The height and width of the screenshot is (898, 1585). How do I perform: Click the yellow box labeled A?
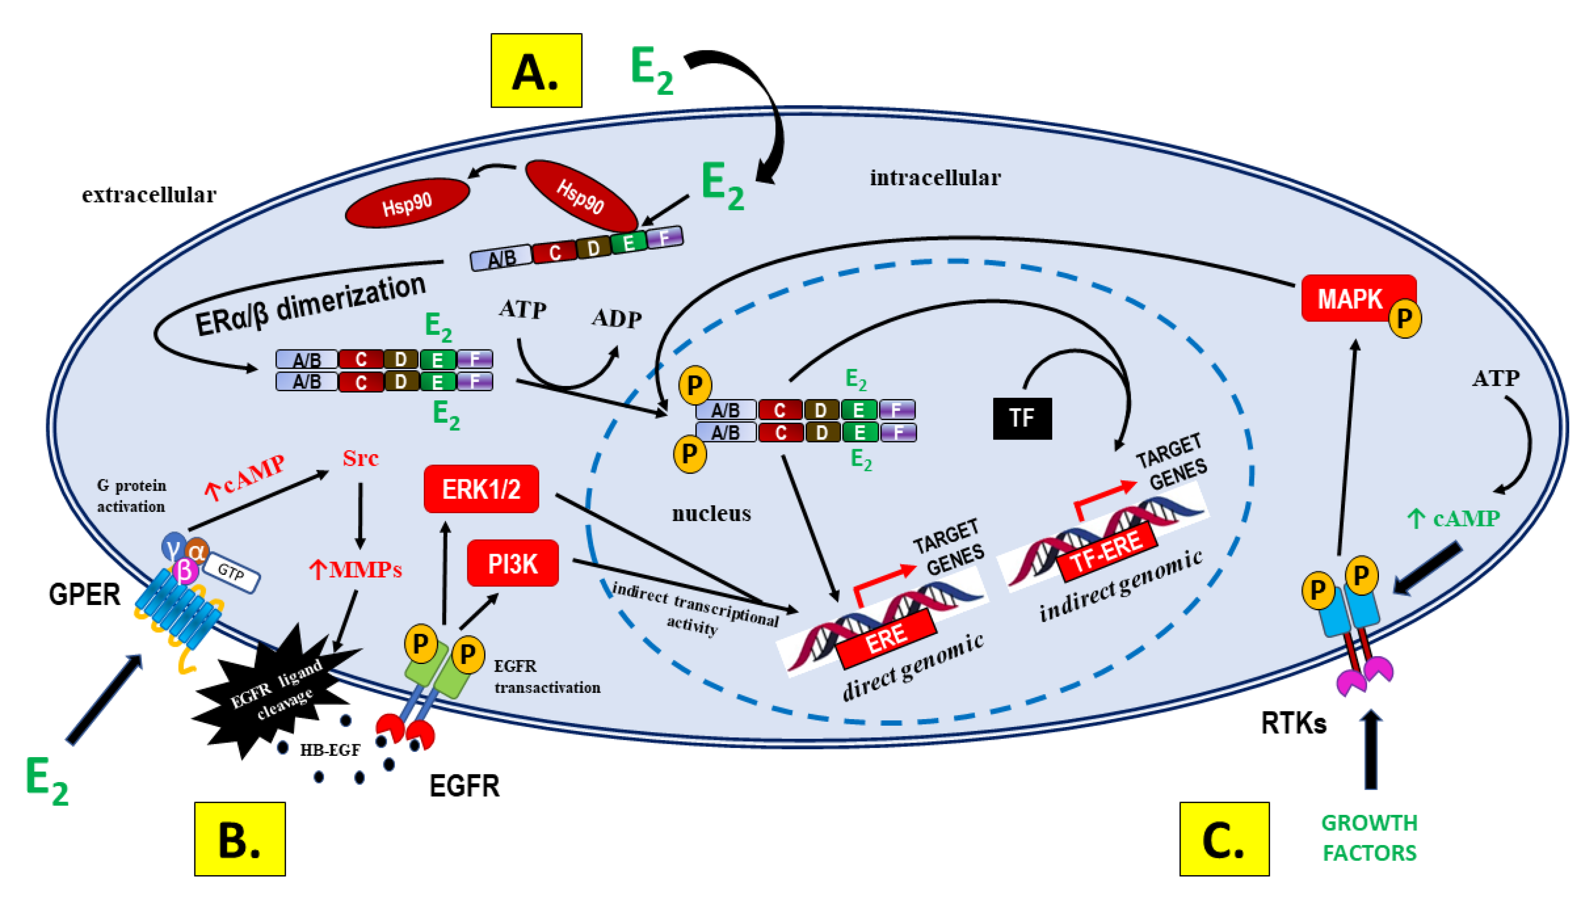pyautogui.click(x=535, y=70)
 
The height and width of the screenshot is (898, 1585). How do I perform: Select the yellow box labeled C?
pyautogui.click(x=1224, y=839)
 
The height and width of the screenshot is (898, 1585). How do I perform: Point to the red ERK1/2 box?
pyautogui.click(x=481, y=489)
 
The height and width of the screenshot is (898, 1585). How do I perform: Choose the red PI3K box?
pyautogui.click(x=513, y=563)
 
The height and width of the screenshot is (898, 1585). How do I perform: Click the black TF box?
pyautogui.click(x=1022, y=418)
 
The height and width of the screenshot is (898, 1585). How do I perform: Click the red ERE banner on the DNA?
pyautogui.click(x=887, y=639)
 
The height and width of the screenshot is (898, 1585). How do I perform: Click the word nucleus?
pyautogui.click(x=711, y=513)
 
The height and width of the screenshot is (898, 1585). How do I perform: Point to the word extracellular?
pyautogui.click(x=149, y=195)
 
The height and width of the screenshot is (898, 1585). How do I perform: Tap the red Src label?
pyautogui.click(x=360, y=458)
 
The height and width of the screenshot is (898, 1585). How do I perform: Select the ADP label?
pyautogui.click(x=616, y=318)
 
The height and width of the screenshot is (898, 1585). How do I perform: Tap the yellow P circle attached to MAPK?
pyautogui.click(x=1404, y=318)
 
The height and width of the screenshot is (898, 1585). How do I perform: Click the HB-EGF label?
pyautogui.click(x=330, y=750)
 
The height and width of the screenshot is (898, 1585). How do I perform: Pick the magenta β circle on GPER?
pyautogui.click(x=184, y=571)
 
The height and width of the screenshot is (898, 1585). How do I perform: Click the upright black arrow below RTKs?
pyautogui.click(x=1371, y=749)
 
